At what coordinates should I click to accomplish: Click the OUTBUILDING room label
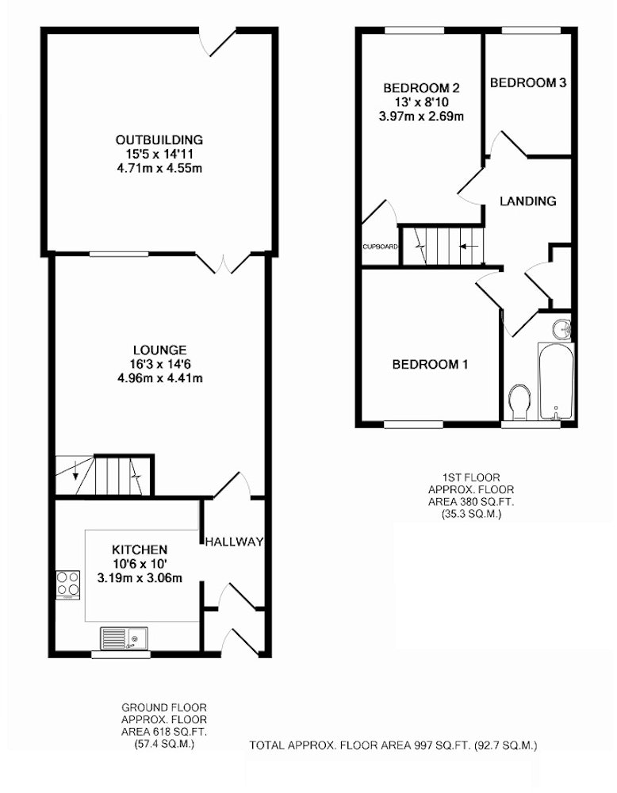[159, 140]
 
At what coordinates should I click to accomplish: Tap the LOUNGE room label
[160, 350]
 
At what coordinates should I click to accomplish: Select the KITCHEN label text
[140, 550]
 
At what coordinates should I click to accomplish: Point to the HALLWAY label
[234, 542]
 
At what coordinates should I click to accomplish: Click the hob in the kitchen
[67, 584]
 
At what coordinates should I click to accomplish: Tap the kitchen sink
[125, 638]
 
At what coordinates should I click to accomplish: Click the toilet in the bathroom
[519, 402]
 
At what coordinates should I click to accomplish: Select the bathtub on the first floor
[556, 381]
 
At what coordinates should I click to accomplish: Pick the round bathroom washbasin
[561, 330]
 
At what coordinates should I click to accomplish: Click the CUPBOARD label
[381, 247]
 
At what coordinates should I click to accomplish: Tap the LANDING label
[528, 201]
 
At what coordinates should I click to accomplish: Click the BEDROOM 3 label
[528, 82]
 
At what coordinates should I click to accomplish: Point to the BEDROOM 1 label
[430, 364]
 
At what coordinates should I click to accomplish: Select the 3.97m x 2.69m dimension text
[421, 117]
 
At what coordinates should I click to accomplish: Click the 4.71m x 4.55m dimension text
[159, 168]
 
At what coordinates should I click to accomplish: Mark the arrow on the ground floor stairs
[76, 469]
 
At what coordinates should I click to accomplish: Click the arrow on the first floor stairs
[469, 247]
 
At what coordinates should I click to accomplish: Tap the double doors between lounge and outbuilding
[223, 263]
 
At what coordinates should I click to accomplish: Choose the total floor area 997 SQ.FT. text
[393, 745]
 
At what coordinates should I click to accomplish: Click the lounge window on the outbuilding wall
[119, 255]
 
